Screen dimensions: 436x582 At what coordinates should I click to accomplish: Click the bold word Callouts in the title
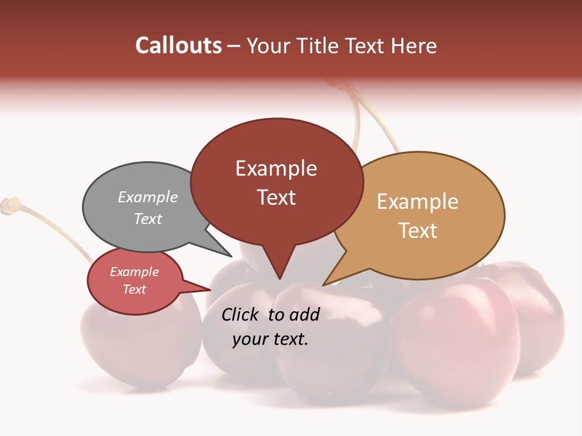178,45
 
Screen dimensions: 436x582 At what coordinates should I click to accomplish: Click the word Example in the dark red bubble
276,168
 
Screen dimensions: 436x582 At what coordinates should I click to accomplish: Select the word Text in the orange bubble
418,231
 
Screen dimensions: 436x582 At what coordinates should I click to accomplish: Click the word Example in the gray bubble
147,197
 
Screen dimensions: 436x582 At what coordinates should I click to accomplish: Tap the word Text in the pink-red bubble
134,289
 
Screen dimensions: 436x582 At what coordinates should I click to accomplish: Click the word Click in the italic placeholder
241,314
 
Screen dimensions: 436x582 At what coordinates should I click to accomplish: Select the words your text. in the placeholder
270,339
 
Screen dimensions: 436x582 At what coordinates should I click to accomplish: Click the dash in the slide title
235,45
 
